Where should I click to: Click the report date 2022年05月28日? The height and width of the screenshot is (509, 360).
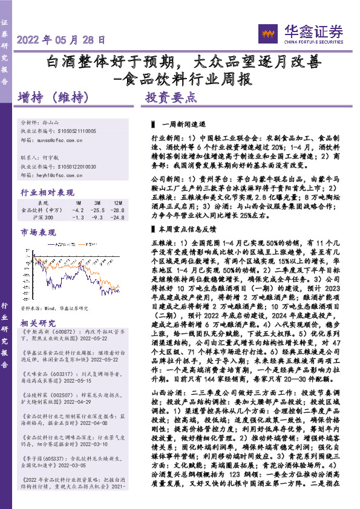point(62,40)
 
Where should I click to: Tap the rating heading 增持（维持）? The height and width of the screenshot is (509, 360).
point(54,97)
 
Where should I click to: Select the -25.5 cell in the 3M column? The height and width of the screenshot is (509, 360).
point(98,210)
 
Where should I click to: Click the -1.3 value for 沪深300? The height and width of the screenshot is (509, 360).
point(78,218)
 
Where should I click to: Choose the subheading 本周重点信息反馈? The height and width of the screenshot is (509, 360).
point(179,212)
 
